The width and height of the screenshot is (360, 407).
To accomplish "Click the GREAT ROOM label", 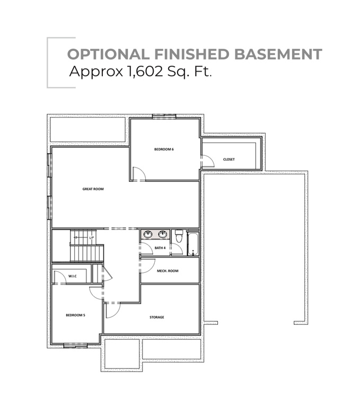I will click(x=92, y=188).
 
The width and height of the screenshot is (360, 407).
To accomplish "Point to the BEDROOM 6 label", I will click(x=164, y=149).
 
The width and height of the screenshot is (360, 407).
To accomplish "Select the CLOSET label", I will click(x=229, y=159).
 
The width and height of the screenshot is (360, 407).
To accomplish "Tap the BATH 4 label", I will click(x=160, y=247).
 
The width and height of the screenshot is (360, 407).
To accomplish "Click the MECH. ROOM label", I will click(x=168, y=271).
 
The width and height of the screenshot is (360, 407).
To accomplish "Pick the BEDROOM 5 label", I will click(x=75, y=315).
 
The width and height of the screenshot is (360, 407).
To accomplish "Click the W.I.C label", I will click(x=73, y=276).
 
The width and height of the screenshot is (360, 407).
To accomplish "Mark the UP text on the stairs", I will click(x=91, y=238).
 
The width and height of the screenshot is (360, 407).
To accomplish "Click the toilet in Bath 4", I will click(x=179, y=235).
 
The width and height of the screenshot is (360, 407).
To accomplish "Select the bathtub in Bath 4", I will click(x=192, y=243).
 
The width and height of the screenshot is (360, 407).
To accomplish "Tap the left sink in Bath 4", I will click(x=148, y=234).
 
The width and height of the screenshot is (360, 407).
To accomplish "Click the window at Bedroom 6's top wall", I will click(x=163, y=116).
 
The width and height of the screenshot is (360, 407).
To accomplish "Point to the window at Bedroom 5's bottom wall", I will click(x=75, y=346).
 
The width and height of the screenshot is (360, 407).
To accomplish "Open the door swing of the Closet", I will click(x=207, y=161).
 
